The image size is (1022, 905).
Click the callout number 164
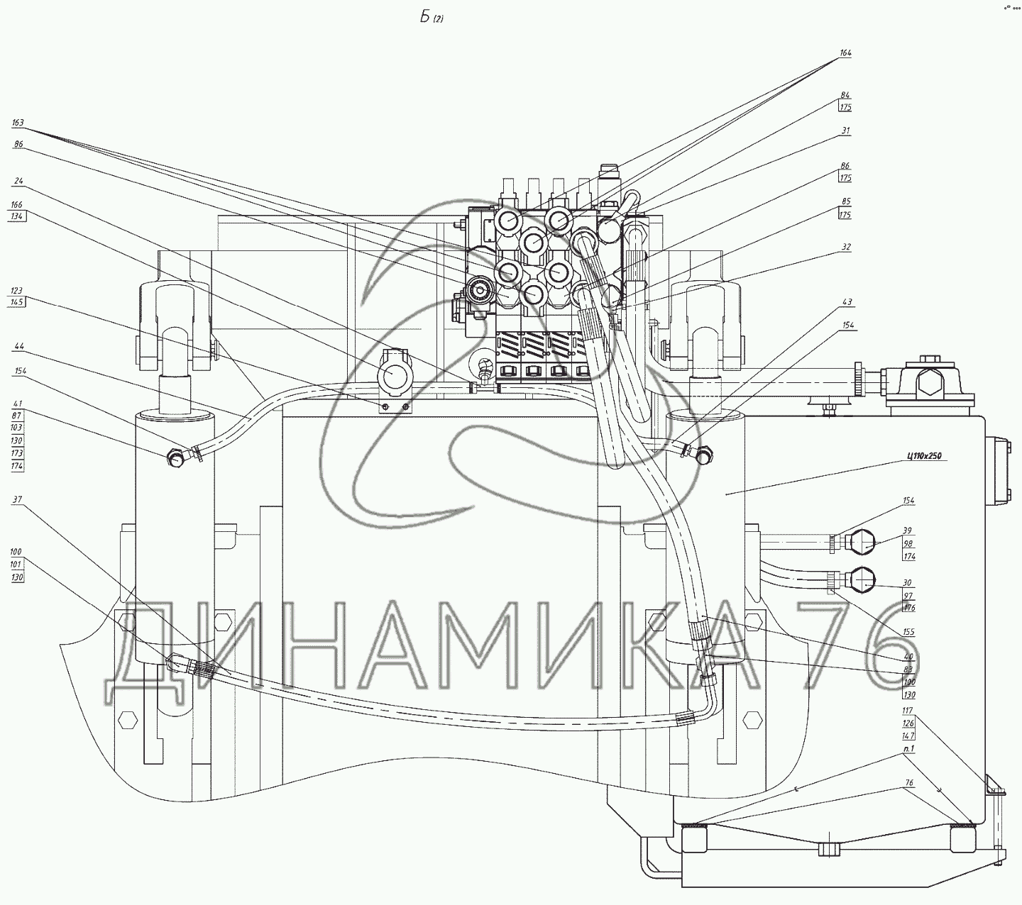click(x=845, y=53)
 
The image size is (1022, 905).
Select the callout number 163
click(x=18, y=123)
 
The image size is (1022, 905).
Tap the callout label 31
click(x=845, y=131)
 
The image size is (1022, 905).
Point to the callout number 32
click(x=846, y=248)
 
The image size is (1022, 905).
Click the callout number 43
click(x=847, y=303)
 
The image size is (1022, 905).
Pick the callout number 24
click(x=18, y=181)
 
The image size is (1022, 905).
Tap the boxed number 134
click(x=18, y=218)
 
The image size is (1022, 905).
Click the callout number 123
click(x=18, y=291)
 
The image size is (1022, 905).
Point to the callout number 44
click(x=18, y=346)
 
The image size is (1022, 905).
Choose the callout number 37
click(x=18, y=500)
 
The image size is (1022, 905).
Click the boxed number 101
click(x=18, y=565)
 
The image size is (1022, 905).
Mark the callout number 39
click(x=908, y=531)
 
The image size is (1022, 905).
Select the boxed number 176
click(x=908, y=609)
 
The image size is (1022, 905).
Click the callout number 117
click(x=907, y=710)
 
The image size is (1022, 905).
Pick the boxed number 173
click(x=18, y=452)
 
